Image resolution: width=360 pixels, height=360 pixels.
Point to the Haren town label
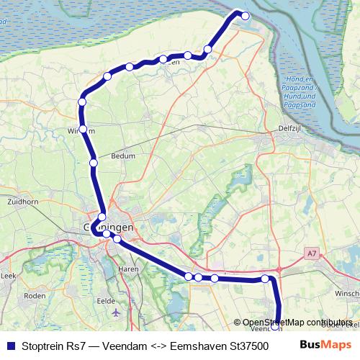coord(127,269)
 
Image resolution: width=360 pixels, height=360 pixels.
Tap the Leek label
coord(9,276)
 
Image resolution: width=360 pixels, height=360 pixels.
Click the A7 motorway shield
coord(311,253)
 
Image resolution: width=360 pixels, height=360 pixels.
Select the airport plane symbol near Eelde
coord(117,312)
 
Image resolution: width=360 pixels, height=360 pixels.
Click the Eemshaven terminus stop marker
coord(245,16)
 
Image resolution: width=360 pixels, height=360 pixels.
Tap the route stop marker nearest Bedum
coord(94,163)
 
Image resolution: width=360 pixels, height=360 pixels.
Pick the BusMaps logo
coord(325,344)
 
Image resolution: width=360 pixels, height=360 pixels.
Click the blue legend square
coord(10,345)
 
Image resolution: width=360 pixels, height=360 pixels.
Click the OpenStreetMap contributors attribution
coord(297,323)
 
